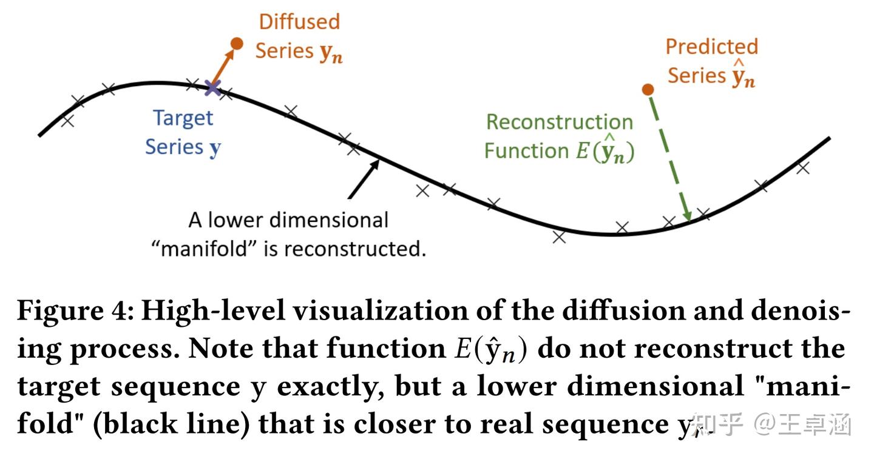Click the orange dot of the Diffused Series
click(x=237, y=43)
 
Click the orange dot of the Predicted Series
click(x=648, y=90)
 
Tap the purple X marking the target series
click(x=212, y=88)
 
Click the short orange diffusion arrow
click(x=224, y=66)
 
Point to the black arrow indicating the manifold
click(x=364, y=179)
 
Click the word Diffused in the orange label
click(x=299, y=22)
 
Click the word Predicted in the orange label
click(x=711, y=47)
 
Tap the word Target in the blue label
click(x=183, y=118)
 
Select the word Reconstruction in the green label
click(x=560, y=122)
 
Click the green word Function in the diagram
click(x=526, y=151)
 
